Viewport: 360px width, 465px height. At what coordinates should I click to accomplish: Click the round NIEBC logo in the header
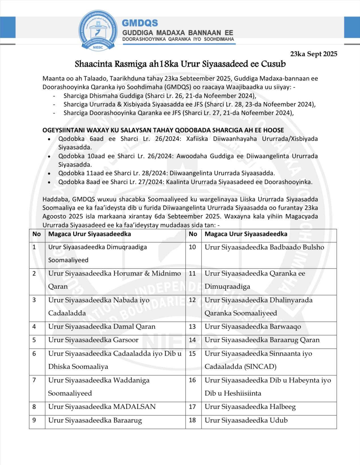pyautogui.click(x=98, y=30)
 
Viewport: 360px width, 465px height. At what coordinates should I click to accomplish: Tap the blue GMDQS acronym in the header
pyautogui.click(x=140, y=23)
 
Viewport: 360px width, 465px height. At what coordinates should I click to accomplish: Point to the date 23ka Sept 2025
pyautogui.click(x=314, y=54)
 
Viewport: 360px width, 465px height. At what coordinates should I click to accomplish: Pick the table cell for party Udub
pyautogui.click(x=246, y=420)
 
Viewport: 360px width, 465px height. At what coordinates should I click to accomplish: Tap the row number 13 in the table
pyautogui.click(x=193, y=327)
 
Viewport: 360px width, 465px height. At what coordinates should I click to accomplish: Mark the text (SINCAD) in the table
pyautogui.click(x=260, y=367)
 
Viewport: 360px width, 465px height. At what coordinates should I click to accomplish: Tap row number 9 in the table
pyautogui.click(x=34, y=420)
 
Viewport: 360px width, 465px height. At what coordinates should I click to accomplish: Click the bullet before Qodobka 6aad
pyautogui.click(x=49, y=139)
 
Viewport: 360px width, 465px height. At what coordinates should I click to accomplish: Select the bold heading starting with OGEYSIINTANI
pyautogui.click(x=163, y=130)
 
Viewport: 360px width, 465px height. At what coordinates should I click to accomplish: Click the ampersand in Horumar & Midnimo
pyautogui.click(x=147, y=273)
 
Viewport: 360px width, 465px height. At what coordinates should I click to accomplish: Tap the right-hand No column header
pyautogui.click(x=193, y=234)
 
